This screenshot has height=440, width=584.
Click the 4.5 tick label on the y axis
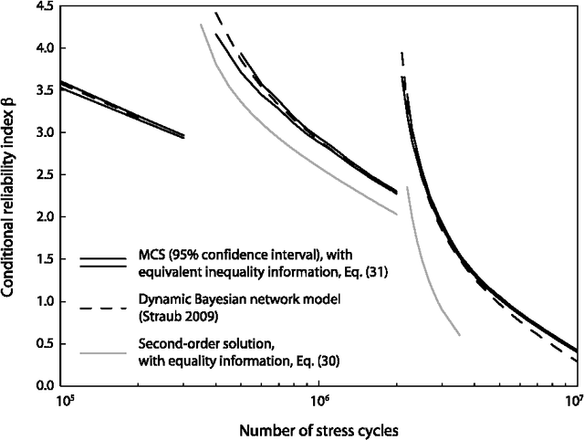(43, 6)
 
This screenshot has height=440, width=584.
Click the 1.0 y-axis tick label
(43, 302)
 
